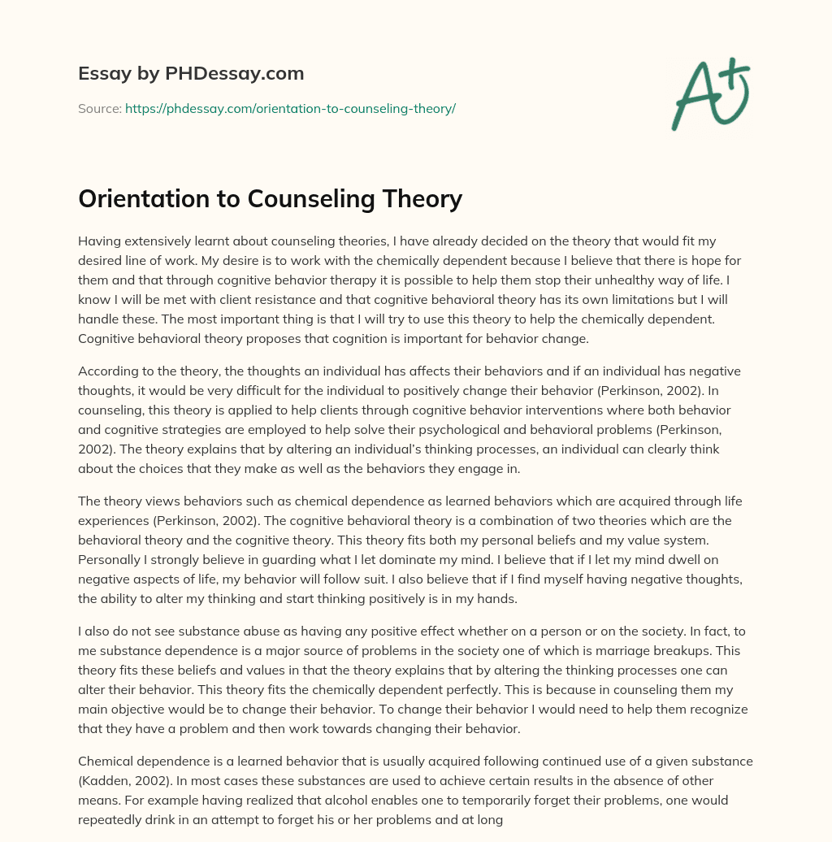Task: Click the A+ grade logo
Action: pyautogui.click(x=709, y=93)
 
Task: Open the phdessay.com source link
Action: pyautogui.click(x=290, y=108)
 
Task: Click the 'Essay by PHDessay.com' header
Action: pyautogui.click(x=191, y=74)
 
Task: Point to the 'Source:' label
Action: pyautogui.click(x=99, y=108)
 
